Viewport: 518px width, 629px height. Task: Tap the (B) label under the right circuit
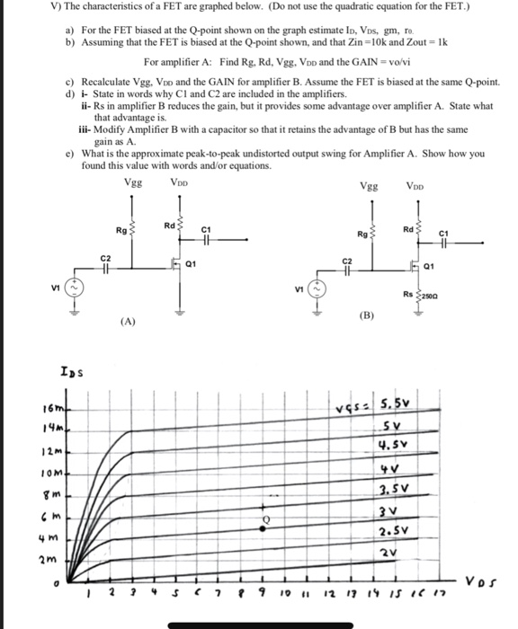pos(366,316)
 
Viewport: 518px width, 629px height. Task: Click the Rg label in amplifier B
pos(362,235)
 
